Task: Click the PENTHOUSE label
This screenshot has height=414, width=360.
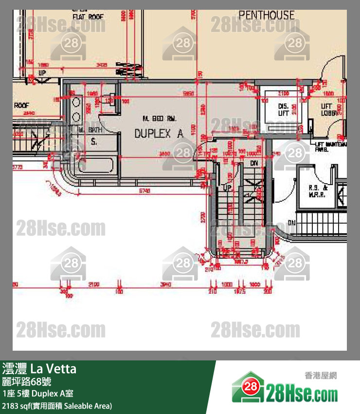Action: coord(267,15)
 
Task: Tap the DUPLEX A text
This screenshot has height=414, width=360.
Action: coord(159,133)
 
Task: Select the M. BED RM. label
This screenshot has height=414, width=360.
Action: coord(159,118)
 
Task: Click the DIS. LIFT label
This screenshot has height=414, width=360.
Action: coord(284,110)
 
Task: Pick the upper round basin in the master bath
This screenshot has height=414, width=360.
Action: coord(77,103)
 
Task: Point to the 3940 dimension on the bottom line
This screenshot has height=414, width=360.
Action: coord(167,284)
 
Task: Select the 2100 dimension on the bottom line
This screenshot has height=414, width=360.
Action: coord(94,284)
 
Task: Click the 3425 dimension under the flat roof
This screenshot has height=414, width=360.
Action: coord(101,64)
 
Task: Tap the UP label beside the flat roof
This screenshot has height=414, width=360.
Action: coord(42,73)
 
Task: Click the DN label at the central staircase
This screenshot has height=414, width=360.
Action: coord(253,164)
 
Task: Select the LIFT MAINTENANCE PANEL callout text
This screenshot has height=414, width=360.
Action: coord(331,147)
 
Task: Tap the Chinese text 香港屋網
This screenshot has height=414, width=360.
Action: coord(320,376)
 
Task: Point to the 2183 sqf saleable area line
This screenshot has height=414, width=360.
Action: coord(57,405)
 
